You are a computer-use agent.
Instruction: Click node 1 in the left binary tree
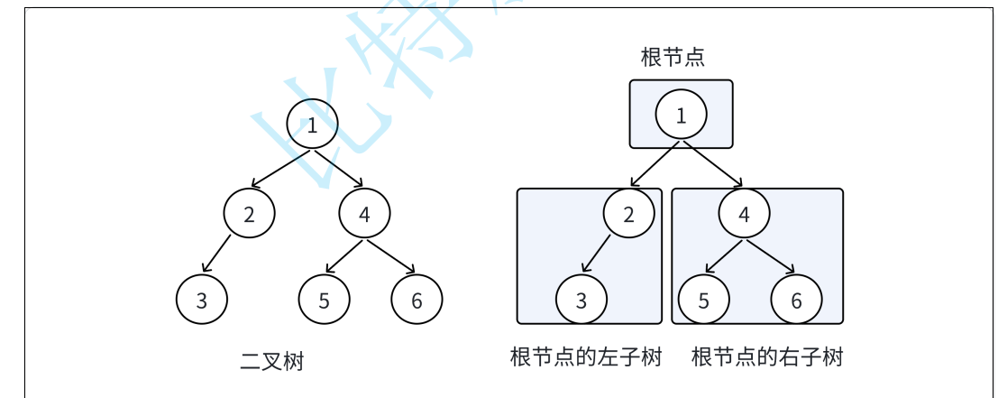(312, 125)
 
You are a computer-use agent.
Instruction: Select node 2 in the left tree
(249, 214)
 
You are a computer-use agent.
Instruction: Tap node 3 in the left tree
(201, 301)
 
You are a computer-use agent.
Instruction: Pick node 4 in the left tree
(364, 214)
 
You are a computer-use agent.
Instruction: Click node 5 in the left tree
(325, 301)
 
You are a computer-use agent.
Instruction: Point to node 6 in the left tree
(417, 301)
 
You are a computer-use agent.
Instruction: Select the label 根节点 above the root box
(672, 59)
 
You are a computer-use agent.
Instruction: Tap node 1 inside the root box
(681, 115)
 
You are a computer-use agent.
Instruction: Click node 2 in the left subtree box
(628, 214)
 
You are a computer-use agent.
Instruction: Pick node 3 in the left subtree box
(581, 301)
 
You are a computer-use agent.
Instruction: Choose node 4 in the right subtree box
(744, 214)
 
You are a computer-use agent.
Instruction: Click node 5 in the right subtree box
(704, 301)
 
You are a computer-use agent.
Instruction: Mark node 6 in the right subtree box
(796, 301)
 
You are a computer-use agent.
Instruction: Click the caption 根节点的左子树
(586, 357)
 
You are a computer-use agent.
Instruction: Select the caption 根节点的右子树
(767, 357)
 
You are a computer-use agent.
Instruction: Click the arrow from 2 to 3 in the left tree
(217, 254)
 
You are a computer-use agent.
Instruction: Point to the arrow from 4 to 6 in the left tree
(389, 255)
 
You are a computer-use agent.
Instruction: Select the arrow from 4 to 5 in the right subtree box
(725, 255)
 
